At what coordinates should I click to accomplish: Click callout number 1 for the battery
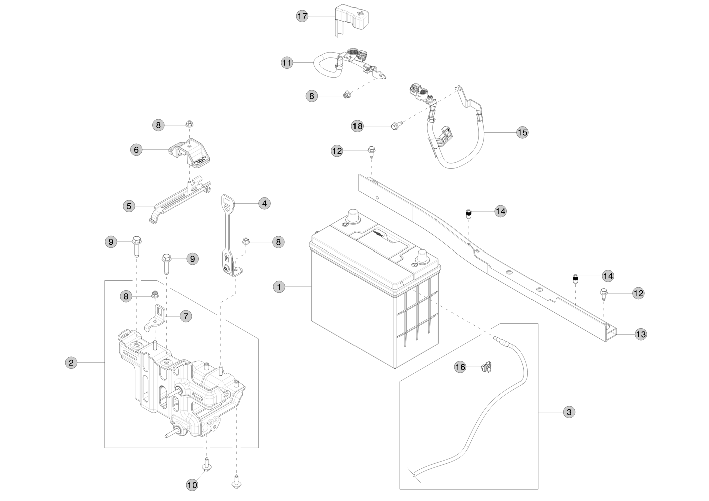279,286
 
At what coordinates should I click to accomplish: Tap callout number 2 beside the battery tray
71,362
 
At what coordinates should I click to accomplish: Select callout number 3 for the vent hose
568,412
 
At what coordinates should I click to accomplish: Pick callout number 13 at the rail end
641,334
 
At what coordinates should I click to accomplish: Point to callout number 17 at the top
302,16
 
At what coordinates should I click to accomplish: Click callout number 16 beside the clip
460,367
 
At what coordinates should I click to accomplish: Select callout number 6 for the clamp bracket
136,149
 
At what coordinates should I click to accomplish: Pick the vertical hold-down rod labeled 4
228,235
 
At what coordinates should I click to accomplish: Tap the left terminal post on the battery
352,218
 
